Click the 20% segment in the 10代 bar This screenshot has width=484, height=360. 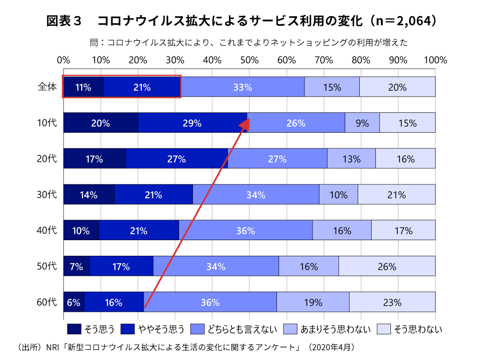[x=101, y=123]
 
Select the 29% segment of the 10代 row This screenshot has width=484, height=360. [x=192, y=123]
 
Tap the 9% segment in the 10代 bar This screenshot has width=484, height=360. [x=362, y=123]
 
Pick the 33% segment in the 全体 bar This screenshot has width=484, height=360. [x=243, y=87]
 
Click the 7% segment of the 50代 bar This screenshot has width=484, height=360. [x=76, y=266]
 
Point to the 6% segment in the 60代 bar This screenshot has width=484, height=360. [x=74, y=302]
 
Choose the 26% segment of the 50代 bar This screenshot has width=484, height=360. [x=387, y=266]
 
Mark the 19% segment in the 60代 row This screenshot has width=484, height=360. [x=312, y=302]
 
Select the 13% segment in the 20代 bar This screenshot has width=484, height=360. [x=351, y=159]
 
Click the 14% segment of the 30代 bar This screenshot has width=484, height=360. [x=89, y=195]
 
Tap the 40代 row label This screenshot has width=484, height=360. [x=47, y=231]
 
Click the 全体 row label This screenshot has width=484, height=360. [x=47, y=87]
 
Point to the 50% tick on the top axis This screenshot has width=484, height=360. [x=249, y=60]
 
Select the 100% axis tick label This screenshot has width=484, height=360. [x=435, y=60]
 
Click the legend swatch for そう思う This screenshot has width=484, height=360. [x=74, y=329]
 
